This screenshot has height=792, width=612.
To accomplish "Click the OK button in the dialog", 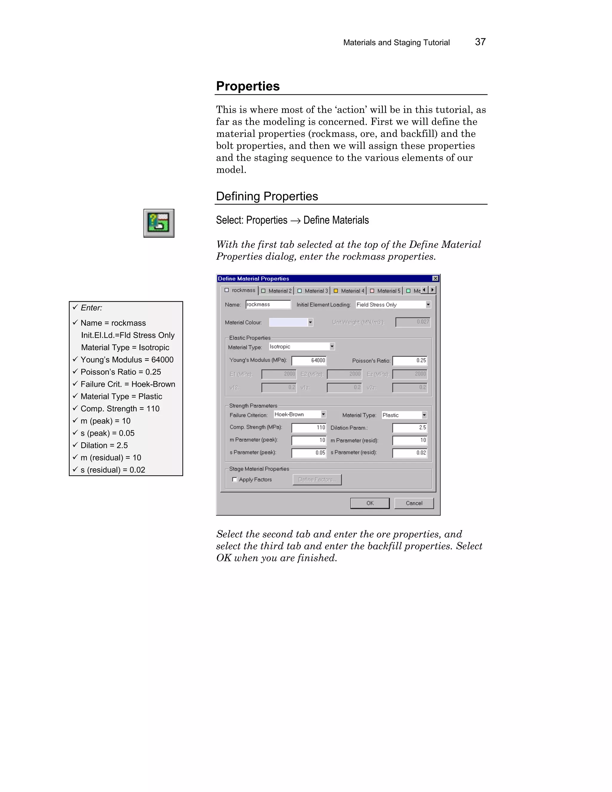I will pos(369,503).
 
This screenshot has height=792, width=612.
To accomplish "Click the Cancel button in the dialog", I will pos(414,503).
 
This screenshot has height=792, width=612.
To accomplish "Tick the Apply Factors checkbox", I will pos(235,479).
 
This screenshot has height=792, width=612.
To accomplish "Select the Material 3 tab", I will pos(312,291).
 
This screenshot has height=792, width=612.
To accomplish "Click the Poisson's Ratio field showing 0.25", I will pos(410,360).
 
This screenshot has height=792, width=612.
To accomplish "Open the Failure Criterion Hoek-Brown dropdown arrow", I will pos(323,414).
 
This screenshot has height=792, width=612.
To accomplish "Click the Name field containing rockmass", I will pos(268,305).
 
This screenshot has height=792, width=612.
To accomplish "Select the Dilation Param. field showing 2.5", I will pos(410,428).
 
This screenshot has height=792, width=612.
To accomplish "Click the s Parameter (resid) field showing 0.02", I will pos(410,453).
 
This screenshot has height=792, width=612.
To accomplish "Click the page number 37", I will pos(480,42).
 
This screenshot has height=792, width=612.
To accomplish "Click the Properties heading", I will pos(248,86).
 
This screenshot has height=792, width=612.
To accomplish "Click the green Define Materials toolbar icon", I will pos(159,223).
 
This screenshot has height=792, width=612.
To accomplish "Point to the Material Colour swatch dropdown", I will pos(291,322).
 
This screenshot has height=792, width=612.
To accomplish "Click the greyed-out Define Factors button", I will pos(317,479).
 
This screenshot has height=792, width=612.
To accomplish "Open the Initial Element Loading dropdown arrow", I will pos(428,305).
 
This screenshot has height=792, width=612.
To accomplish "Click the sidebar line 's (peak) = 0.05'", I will pos(107,433).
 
